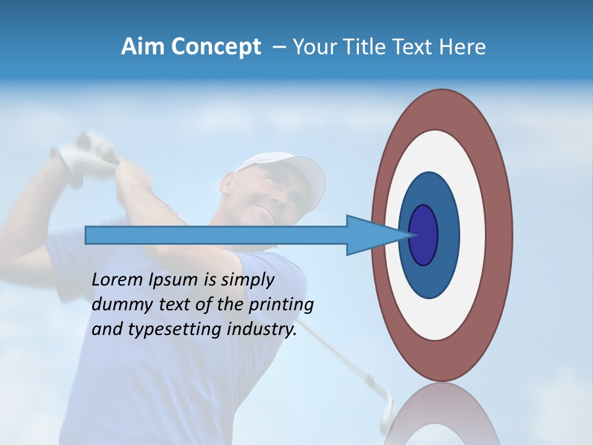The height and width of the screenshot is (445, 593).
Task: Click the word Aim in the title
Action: [141, 47]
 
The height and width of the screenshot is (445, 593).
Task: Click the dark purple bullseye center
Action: [424, 235]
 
